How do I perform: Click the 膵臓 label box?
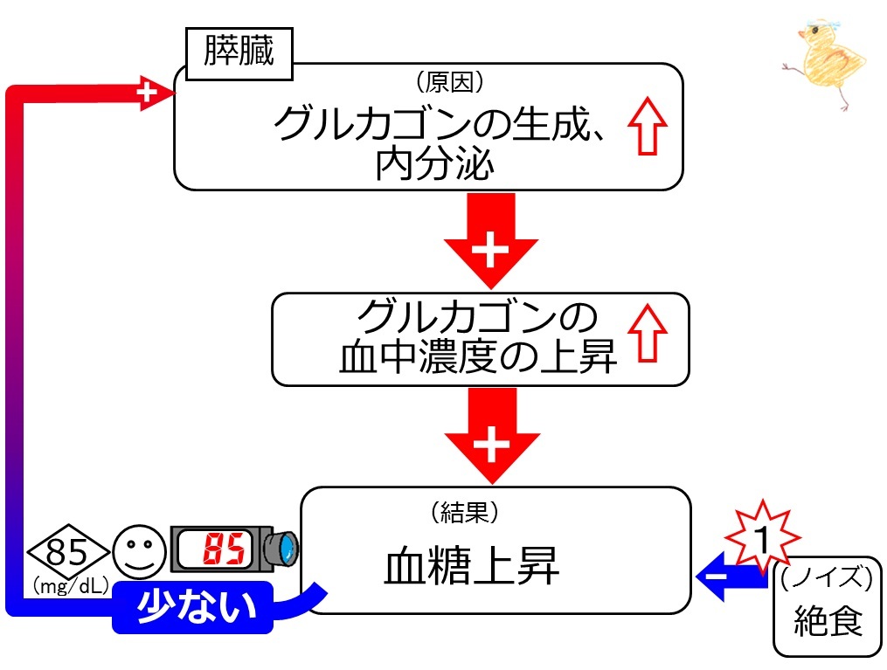pos(239,52)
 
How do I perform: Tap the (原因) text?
pos(450,84)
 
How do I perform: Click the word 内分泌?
pos(434,164)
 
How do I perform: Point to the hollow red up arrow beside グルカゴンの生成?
pos(647,127)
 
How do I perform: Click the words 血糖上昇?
pos(472,568)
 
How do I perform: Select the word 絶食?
pos(828,621)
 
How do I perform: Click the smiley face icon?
pos(139,551)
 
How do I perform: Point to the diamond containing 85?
pos(68,551)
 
